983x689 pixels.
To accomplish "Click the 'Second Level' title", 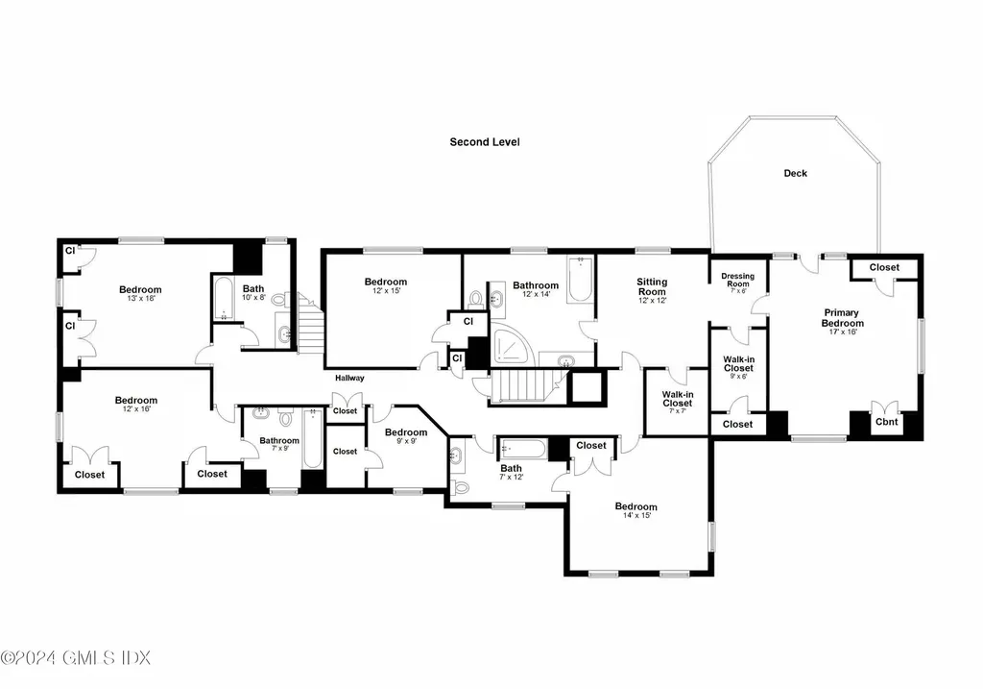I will pyautogui.click(x=485, y=142).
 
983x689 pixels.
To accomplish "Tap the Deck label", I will pyautogui.click(x=795, y=174).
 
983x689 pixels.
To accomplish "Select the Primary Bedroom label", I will pyautogui.click(x=842, y=317).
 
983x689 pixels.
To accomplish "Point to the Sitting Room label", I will pyautogui.click(x=651, y=286).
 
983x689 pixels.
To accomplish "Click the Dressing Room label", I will pyautogui.click(x=737, y=280).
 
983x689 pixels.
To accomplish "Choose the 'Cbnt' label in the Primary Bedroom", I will pyautogui.click(x=885, y=422).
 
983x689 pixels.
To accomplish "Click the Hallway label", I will pyautogui.click(x=349, y=378).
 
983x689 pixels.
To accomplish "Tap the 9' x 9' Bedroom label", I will pyautogui.click(x=406, y=432).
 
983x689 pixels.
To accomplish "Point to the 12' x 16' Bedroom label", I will pyautogui.click(x=136, y=401).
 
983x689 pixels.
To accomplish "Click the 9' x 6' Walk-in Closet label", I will pyautogui.click(x=737, y=363).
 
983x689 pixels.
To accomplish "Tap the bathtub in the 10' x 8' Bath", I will pyautogui.click(x=223, y=300).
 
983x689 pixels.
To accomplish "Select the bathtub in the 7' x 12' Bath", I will pyautogui.click(x=521, y=449).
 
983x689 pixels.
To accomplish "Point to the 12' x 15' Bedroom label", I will pyautogui.click(x=386, y=283).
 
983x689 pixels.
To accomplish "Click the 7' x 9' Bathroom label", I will pyautogui.click(x=279, y=442).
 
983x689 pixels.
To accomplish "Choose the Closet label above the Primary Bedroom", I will pyautogui.click(x=884, y=267).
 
